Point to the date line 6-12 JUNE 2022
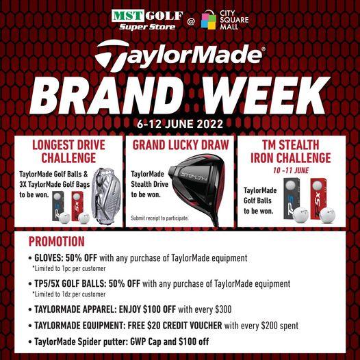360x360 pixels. click(x=180, y=125)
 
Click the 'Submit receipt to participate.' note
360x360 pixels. click(x=159, y=218)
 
